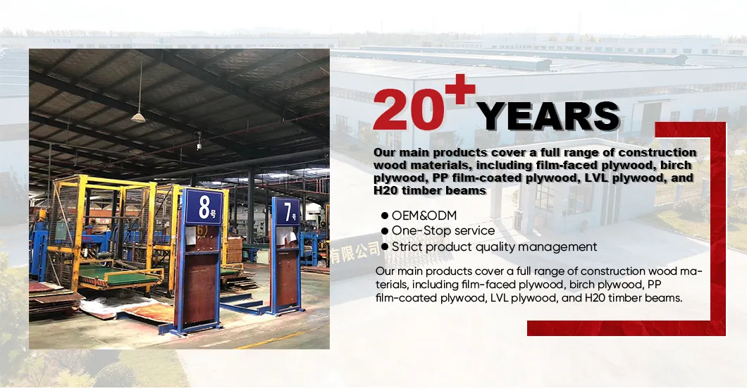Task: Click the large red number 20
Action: pyautogui.click(x=409, y=109)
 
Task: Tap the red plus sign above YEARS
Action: pyautogui.click(x=458, y=89)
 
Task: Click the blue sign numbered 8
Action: pyautogui.click(x=204, y=206)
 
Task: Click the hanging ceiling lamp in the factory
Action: pyautogui.click(x=138, y=117)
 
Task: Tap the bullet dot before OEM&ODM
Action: pyautogui.click(x=385, y=216)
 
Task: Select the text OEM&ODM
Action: pyautogui.click(x=424, y=216)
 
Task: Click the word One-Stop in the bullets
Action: pyautogui.click(x=414, y=230)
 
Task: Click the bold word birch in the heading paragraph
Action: pyautogui.click(x=674, y=165)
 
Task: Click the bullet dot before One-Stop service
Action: pyautogui.click(x=385, y=231)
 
